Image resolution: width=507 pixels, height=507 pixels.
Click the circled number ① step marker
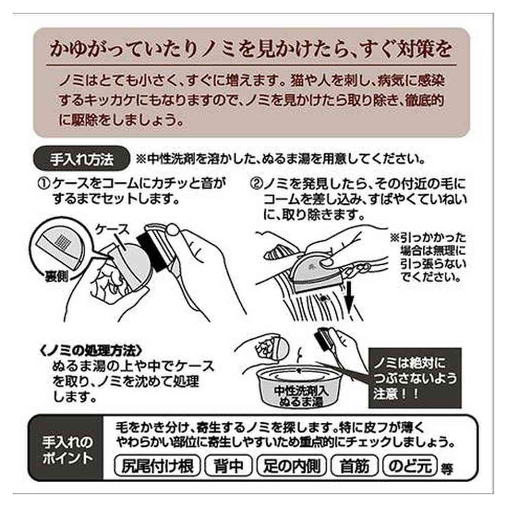tap(44, 183)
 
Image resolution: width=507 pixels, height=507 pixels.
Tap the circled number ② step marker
tap(258, 183)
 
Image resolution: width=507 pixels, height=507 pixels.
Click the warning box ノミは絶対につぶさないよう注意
tap(415, 378)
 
